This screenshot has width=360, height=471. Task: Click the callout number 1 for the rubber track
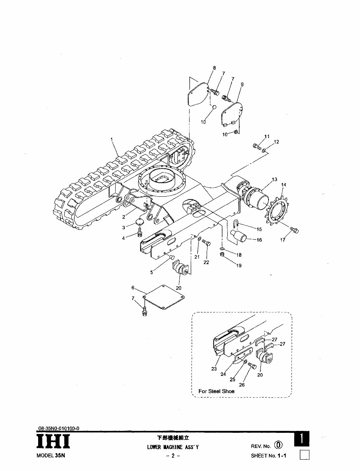pos(112,139)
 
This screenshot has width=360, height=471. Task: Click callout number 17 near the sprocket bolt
pos(283,240)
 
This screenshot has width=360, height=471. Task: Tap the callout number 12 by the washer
pos(277,142)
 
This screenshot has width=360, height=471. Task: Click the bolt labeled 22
pos(207,244)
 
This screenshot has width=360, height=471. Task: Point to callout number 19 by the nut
pos(238,265)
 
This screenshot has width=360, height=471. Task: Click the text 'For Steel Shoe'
pos(216,391)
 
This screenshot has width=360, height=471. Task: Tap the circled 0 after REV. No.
pos(278,445)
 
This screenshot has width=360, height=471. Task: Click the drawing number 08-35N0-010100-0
pos(59,428)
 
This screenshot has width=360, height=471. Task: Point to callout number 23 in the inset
pos(214,369)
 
